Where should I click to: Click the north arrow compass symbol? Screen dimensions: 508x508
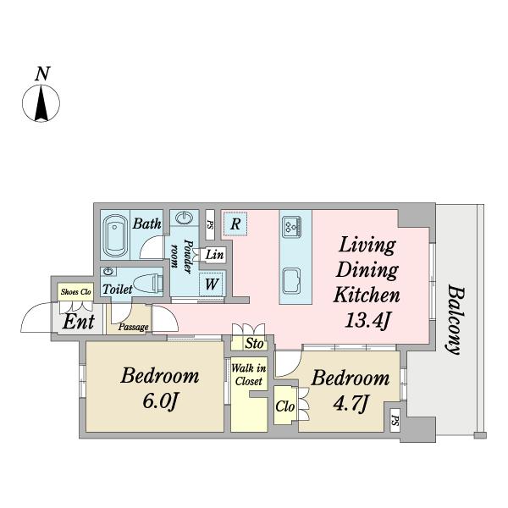click(41, 103)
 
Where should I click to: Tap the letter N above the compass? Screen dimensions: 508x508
click(42, 74)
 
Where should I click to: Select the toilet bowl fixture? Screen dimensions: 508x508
click(148, 283)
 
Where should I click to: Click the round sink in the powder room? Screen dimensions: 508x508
click(185, 218)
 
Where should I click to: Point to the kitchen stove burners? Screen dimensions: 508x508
click(292, 226)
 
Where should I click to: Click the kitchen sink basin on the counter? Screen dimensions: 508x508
click(291, 281)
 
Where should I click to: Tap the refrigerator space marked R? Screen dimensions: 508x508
click(235, 224)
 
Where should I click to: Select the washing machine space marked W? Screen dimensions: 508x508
click(211, 284)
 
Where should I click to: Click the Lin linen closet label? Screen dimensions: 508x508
click(214, 255)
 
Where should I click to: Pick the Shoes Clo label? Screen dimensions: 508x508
click(76, 292)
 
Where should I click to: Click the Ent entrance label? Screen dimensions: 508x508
click(79, 322)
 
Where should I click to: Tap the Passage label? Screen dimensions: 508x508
click(134, 327)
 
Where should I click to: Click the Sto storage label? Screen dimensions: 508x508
click(254, 344)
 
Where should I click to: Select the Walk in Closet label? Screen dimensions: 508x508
click(249, 375)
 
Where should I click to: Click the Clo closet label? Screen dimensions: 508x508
click(285, 406)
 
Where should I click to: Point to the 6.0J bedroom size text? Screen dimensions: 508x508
click(160, 401)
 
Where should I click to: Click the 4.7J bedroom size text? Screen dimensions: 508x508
click(351, 404)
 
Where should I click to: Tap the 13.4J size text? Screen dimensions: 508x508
click(367, 321)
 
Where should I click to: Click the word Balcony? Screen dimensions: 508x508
click(455, 320)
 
